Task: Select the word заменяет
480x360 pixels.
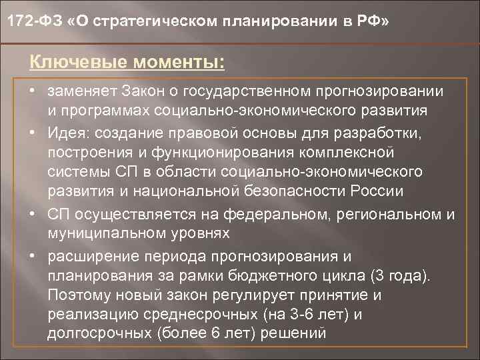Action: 77,90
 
